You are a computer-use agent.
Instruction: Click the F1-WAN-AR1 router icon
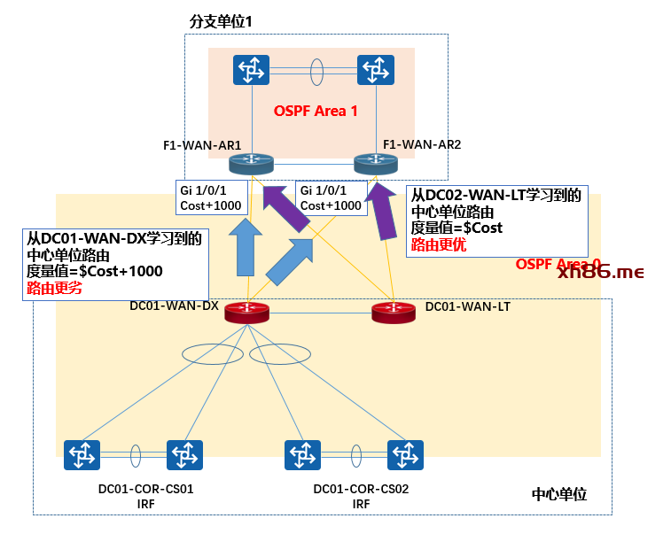[x=252, y=164]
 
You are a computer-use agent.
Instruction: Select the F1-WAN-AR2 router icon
[x=376, y=164]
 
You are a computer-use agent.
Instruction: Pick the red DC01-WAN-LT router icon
[x=393, y=312]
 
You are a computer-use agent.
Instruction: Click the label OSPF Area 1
[x=316, y=112]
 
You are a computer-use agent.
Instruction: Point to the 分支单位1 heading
[x=222, y=20]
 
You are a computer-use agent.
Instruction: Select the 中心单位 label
[x=558, y=494]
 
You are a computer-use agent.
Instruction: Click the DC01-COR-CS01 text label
[x=146, y=488]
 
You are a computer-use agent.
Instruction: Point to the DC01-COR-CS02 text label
[x=361, y=488]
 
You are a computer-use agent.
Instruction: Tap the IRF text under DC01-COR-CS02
[x=361, y=504]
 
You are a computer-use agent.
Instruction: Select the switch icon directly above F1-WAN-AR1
[x=252, y=70]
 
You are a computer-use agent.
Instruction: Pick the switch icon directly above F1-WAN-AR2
[x=376, y=70]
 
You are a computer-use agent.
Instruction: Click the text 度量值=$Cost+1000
[x=95, y=271]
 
